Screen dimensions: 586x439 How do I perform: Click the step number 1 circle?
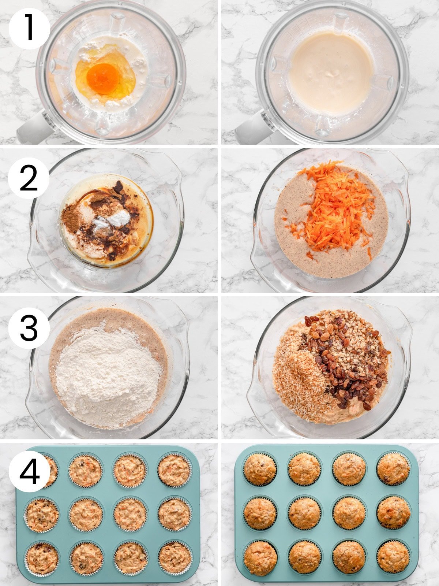tap(29, 29)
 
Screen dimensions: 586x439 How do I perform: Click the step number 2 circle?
tap(29, 178)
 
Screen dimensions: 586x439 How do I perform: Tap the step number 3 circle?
tap(29, 327)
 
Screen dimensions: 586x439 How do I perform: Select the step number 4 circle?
tap(29, 471)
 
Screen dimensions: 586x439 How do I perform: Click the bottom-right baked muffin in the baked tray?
tap(393, 557)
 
